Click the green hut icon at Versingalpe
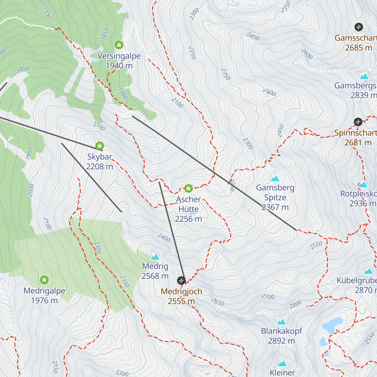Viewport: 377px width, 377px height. pos(119,45)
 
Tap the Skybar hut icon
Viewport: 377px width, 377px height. pos(100,146)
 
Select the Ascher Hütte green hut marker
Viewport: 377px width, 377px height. pos(188,188)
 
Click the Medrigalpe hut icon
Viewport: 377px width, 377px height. pos(44,280)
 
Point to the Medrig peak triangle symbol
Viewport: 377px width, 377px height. pos(155,257)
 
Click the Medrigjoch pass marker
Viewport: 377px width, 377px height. pos(181,280)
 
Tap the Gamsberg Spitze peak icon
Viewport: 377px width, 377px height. pos(275,178)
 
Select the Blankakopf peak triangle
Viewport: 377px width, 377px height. pos(281,322)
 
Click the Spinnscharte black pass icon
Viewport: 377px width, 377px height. pos(358,122)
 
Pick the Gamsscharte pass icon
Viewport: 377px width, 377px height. pos(358,27)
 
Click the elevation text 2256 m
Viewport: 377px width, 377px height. pos(188,219)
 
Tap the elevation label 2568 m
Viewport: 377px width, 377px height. pos(155,276)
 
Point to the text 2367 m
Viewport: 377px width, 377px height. pos(275,207)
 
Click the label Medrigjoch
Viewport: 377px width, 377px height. pos(181,292)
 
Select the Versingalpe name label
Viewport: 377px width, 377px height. pos(119,56)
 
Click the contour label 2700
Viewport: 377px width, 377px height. pos(268,297)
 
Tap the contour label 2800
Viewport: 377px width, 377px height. pos(295,304)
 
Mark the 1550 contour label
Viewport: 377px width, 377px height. pos(46,13)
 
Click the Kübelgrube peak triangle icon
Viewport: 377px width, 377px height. pos(369,271)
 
